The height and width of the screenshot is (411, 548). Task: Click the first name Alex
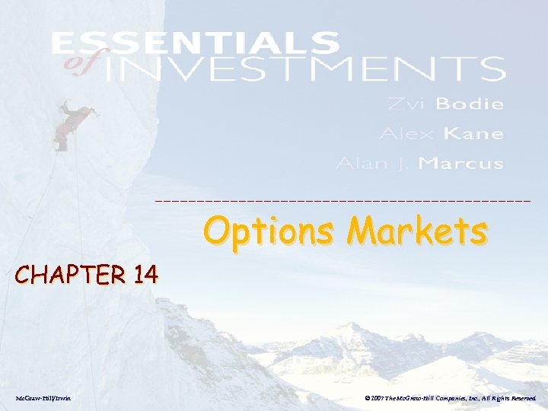click(407, 134)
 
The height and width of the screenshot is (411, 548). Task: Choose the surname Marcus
click(461, 164)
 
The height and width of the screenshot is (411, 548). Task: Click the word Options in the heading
click(266, 231)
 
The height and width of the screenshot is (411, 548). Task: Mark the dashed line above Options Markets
click(342, 200)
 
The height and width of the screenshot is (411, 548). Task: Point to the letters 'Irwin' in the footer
click(62, 397)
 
